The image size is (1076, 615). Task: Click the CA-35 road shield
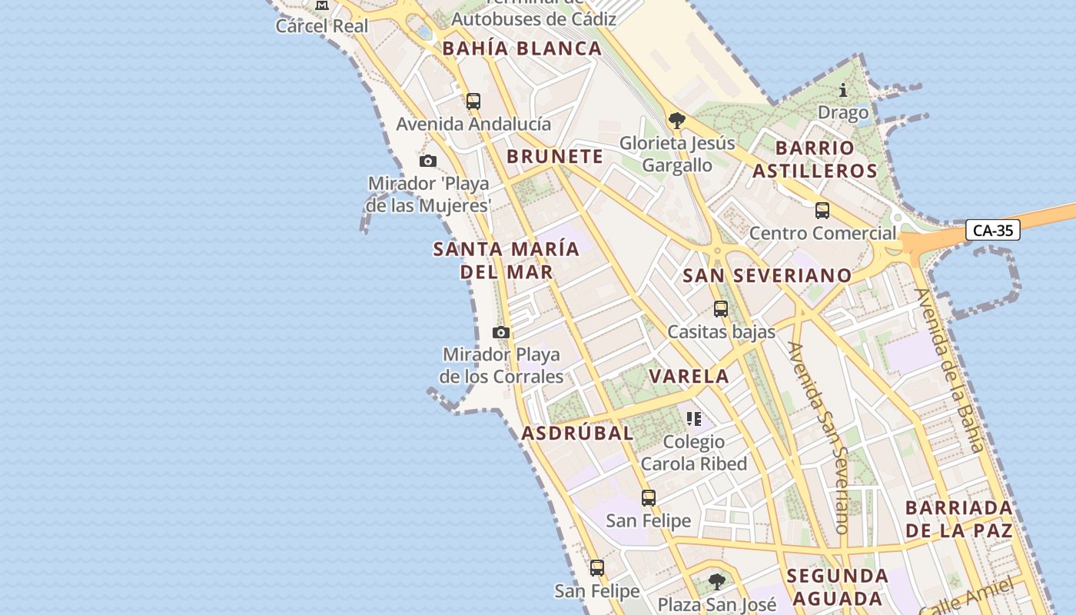992,230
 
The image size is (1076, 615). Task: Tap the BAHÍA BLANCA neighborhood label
522,48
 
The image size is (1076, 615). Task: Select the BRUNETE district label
555,157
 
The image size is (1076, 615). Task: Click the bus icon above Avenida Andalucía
473,101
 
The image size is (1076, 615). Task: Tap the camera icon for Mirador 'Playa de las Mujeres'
428,161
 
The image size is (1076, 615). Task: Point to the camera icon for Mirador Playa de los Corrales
501,332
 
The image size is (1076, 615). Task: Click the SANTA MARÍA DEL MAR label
506,261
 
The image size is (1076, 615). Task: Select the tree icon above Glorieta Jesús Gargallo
677,121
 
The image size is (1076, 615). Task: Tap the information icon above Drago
843,91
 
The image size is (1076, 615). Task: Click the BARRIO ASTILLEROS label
815,159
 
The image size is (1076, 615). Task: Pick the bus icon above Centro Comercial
822,211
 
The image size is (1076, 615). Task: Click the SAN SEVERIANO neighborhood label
767,276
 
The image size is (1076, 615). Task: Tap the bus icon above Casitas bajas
721,309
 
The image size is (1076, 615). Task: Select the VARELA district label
689,377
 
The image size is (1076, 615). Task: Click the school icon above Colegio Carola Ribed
694,419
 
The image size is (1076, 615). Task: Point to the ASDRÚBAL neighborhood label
578,434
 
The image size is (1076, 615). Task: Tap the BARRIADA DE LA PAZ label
958,519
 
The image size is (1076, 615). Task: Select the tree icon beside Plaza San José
717,582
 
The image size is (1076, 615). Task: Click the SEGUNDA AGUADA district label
837,587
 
